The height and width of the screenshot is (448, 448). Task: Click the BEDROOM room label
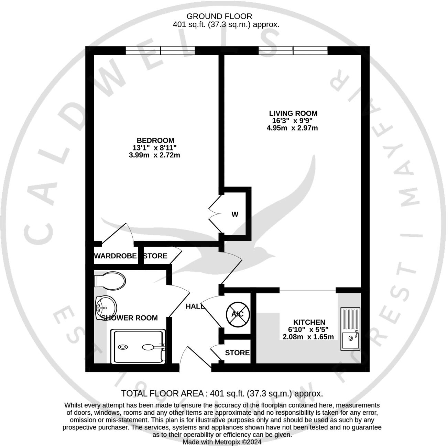[155, 141]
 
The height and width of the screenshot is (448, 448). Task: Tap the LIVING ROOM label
[293, 113]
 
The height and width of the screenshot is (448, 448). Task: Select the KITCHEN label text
[309, 322]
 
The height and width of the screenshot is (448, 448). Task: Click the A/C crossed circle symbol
[237, 314]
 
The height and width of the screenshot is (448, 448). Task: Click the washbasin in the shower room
[106, 305]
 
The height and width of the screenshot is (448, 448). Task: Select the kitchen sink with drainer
[350, 329]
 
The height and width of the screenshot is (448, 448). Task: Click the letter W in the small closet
[235, 215]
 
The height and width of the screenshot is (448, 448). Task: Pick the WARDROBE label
[116, 256]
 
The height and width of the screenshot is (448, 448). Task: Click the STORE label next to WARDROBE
[155, 256]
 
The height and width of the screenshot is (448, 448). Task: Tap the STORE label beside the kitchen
[237, 353]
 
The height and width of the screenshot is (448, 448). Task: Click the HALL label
[195, 306]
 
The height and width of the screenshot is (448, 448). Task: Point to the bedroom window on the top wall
[160, 51]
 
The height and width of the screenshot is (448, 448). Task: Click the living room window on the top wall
[293, 51]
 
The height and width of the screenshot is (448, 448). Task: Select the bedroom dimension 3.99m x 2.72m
[154, 155]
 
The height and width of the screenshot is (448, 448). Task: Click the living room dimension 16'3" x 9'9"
[292, 121]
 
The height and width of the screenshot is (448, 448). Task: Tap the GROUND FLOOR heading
[219, 16]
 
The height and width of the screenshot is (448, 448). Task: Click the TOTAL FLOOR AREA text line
[222, 394]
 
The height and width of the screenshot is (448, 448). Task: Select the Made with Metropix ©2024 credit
[222, 442]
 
